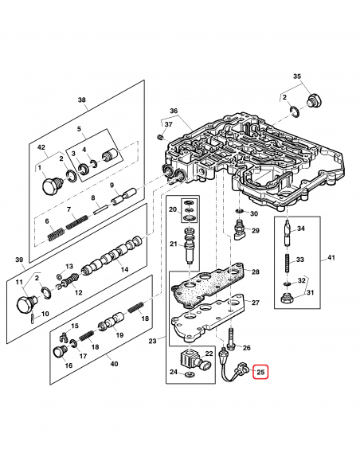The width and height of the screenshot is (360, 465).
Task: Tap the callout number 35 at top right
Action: (298, 76)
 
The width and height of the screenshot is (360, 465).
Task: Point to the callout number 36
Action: (174, 111)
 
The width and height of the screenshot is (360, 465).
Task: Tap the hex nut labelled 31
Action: (286, 300)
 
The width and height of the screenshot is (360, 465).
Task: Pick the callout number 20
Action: (171, 209)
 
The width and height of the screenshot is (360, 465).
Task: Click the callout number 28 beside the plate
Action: (255, 272)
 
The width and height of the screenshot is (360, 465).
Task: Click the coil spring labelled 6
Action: (52, 234)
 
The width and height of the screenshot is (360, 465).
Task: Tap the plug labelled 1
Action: (50, 187)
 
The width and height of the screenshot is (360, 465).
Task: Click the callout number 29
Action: (255, 231)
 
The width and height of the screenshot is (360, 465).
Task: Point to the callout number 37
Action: (168, 124)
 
